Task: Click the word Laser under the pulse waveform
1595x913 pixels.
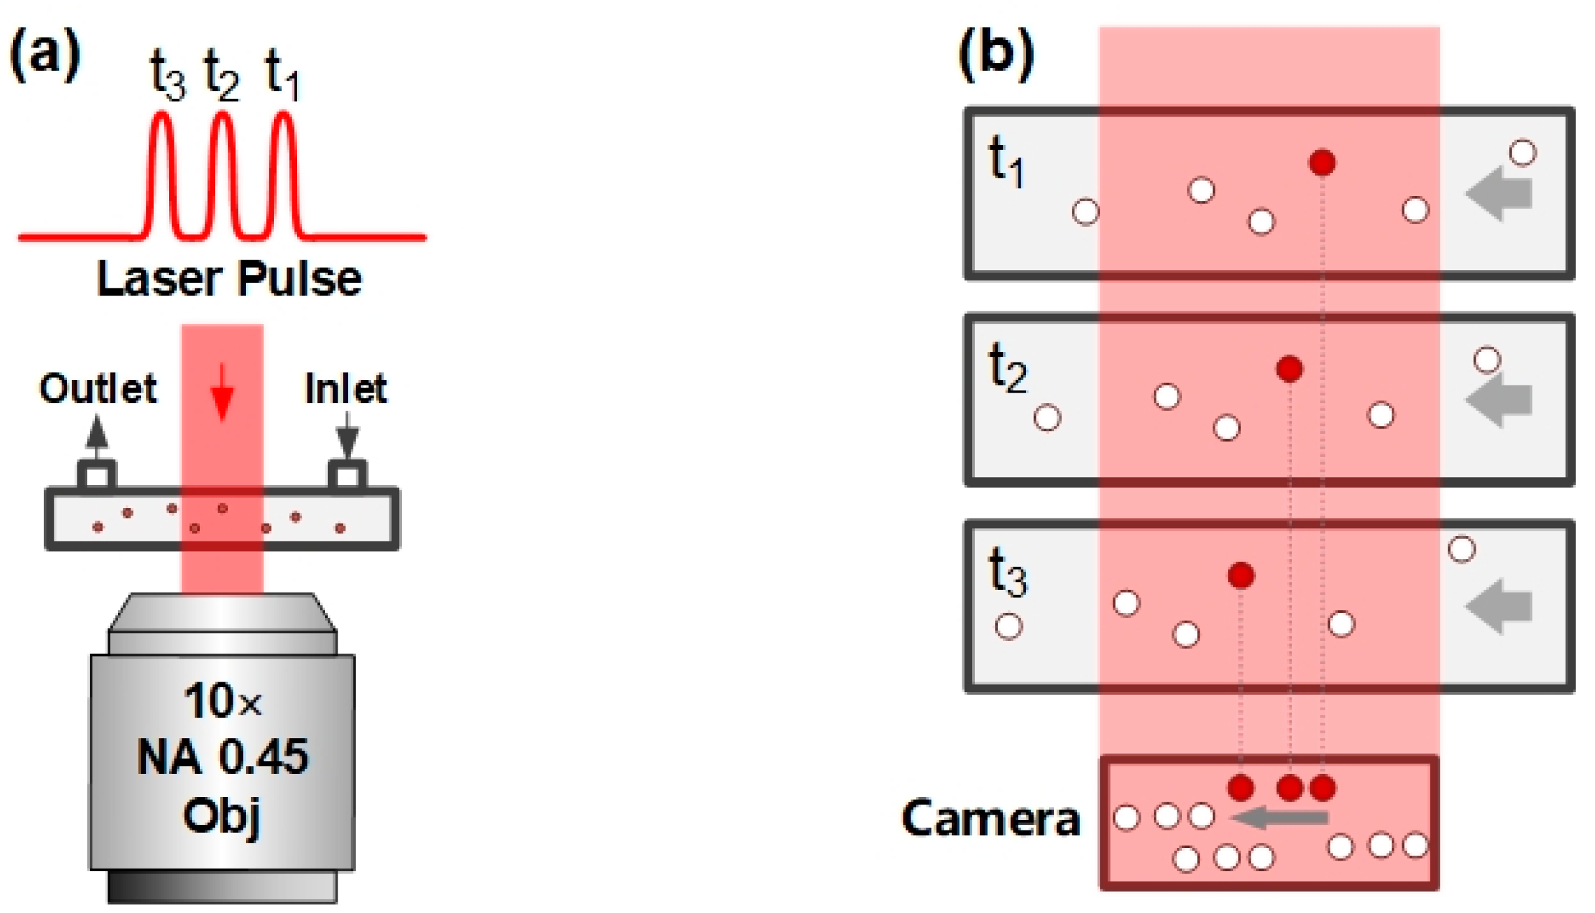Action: tap(160, 279)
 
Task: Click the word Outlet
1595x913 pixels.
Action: tap(98, 389)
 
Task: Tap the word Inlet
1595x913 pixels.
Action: tap(346, 389)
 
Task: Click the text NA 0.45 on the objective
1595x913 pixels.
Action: tap(223, 758)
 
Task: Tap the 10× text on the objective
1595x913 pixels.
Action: tap(223, 701)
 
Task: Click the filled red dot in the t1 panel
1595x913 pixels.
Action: tap(1322, 163)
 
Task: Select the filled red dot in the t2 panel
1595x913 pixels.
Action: tap(1290, 369)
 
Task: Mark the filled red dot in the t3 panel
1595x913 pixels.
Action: tap(1241, 575)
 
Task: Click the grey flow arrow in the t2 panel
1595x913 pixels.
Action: tap(1500, 400)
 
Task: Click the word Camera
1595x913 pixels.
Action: tap(991, 819)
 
